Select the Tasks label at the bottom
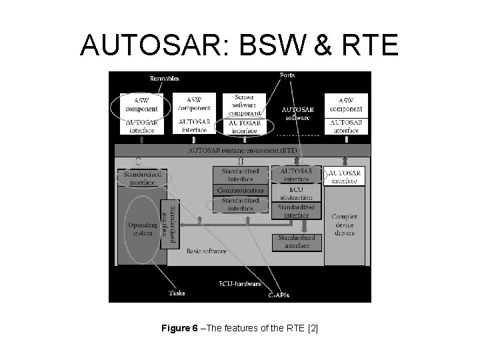(x=177, y=292)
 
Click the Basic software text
(x=206, y=251)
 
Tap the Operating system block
(x=142, y=229)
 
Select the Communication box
(x=241, y=190)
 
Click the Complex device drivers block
(x=345, y=225)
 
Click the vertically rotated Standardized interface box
(x=171, y=223)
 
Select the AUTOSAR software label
(x=296, y=113)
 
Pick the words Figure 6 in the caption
(x=179, y=329)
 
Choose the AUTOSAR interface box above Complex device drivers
(x=345, y=176)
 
